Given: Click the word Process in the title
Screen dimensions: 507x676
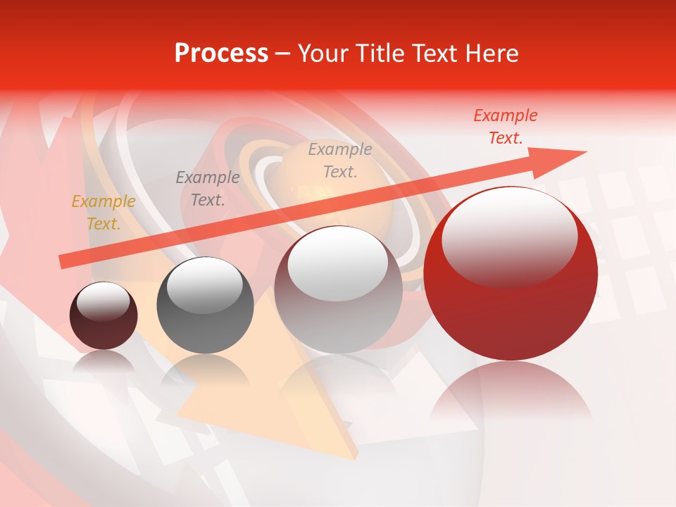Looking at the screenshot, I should (x=221, y=54).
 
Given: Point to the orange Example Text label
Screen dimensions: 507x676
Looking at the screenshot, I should (x=104, y=213).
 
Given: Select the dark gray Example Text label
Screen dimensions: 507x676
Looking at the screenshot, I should (x=208, y=189).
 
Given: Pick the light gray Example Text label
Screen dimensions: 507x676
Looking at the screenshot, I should (x=340, y=161).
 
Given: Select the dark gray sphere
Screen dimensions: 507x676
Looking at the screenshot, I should (x=205, y=324).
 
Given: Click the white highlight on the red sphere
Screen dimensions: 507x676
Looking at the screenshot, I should (x=509, y=236).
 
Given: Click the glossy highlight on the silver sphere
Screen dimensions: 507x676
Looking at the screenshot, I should (x=338, y=264).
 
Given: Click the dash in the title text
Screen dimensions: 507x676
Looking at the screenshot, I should (x=282, y=54).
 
